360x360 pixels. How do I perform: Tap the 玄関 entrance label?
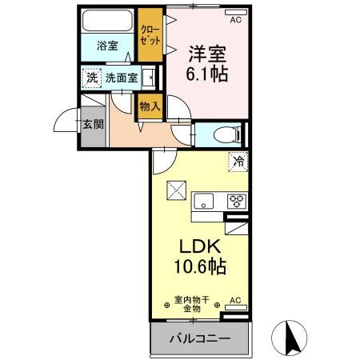[x=92, y=124]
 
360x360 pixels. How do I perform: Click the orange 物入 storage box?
[x=149, y=106]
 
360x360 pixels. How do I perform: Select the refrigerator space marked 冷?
[x=238, y=162]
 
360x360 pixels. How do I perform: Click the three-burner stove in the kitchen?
[x=237, y=200]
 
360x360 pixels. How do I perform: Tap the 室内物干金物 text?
[x=191, y=303]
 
